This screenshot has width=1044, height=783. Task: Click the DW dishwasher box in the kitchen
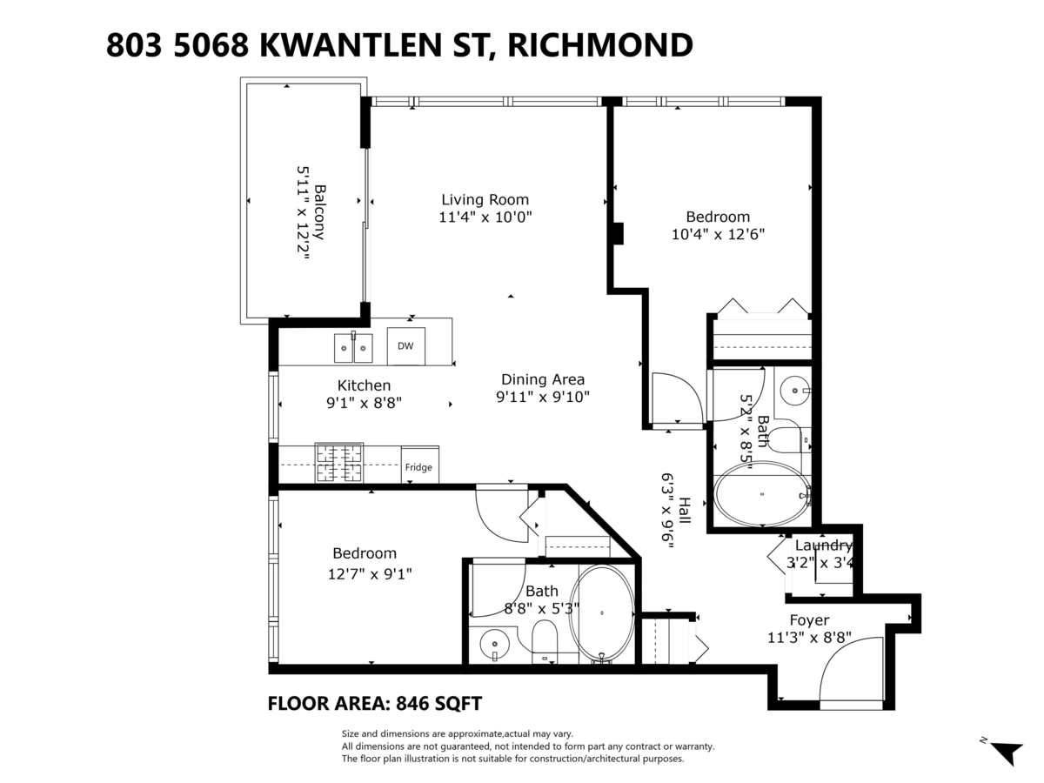405,345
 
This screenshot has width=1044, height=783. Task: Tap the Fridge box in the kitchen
418,467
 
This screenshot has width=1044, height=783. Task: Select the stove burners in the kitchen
338,462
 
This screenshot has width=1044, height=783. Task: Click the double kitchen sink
353,348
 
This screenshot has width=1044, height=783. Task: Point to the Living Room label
485,199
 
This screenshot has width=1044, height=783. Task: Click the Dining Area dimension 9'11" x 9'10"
542,398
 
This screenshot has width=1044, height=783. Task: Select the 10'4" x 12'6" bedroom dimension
718,234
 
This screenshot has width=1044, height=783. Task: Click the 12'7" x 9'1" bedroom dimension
370,573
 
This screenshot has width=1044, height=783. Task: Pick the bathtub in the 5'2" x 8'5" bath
762,494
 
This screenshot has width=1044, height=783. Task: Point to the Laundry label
820,545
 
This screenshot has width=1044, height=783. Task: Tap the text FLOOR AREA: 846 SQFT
375,703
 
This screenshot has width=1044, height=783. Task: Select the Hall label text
685,511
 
